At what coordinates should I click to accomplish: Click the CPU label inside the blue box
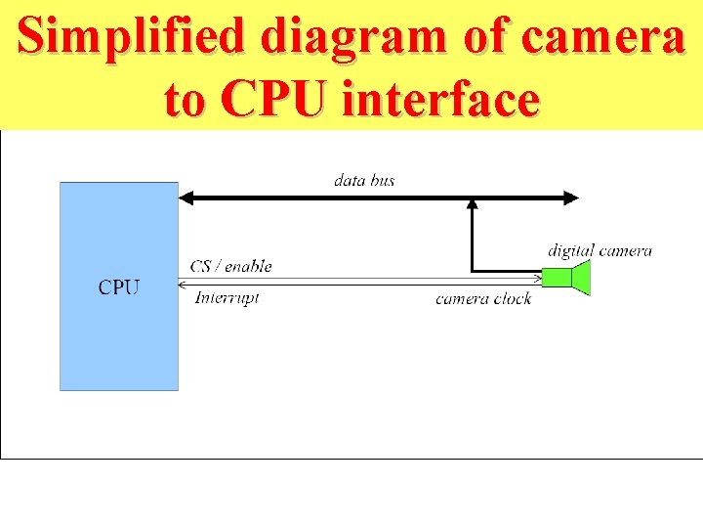(x=119, y=287)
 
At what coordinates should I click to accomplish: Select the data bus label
(x=364, y=180)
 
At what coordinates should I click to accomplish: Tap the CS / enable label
(x=231, y=266)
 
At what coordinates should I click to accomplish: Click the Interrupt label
(x=227, y=297)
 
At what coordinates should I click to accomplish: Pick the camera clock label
(x=483, y=298)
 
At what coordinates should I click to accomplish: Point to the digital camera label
(x=600, y=251)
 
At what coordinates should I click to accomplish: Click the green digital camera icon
(x=567, y=277)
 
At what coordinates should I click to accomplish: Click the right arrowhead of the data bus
(x=571, y=198)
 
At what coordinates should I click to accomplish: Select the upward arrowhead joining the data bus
(x=473, y=205)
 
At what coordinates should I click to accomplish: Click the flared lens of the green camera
(x=582, y=277)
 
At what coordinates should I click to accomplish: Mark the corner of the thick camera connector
(x=473, y=269)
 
